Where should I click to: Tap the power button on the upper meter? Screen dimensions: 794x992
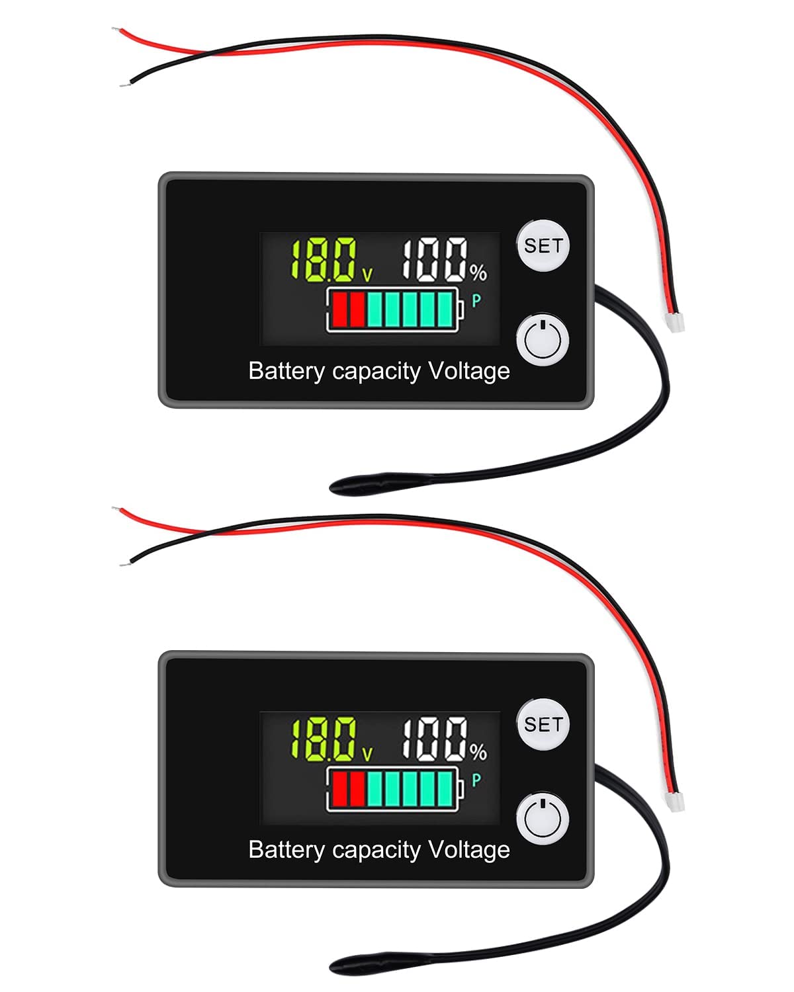(543, 341)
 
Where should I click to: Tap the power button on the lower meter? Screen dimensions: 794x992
(543, 819)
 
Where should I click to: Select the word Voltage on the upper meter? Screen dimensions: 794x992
(468, 372)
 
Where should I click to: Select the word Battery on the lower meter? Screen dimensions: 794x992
(287, 850)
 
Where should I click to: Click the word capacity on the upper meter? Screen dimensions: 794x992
(376, 372)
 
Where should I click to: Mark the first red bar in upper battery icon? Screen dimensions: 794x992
(339, 310)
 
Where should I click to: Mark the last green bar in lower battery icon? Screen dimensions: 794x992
(445, 788)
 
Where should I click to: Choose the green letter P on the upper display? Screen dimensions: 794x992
(476, 302)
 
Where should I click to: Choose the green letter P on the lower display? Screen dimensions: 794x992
(476, 780)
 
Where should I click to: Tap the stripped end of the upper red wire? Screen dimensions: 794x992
(116, 30)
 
